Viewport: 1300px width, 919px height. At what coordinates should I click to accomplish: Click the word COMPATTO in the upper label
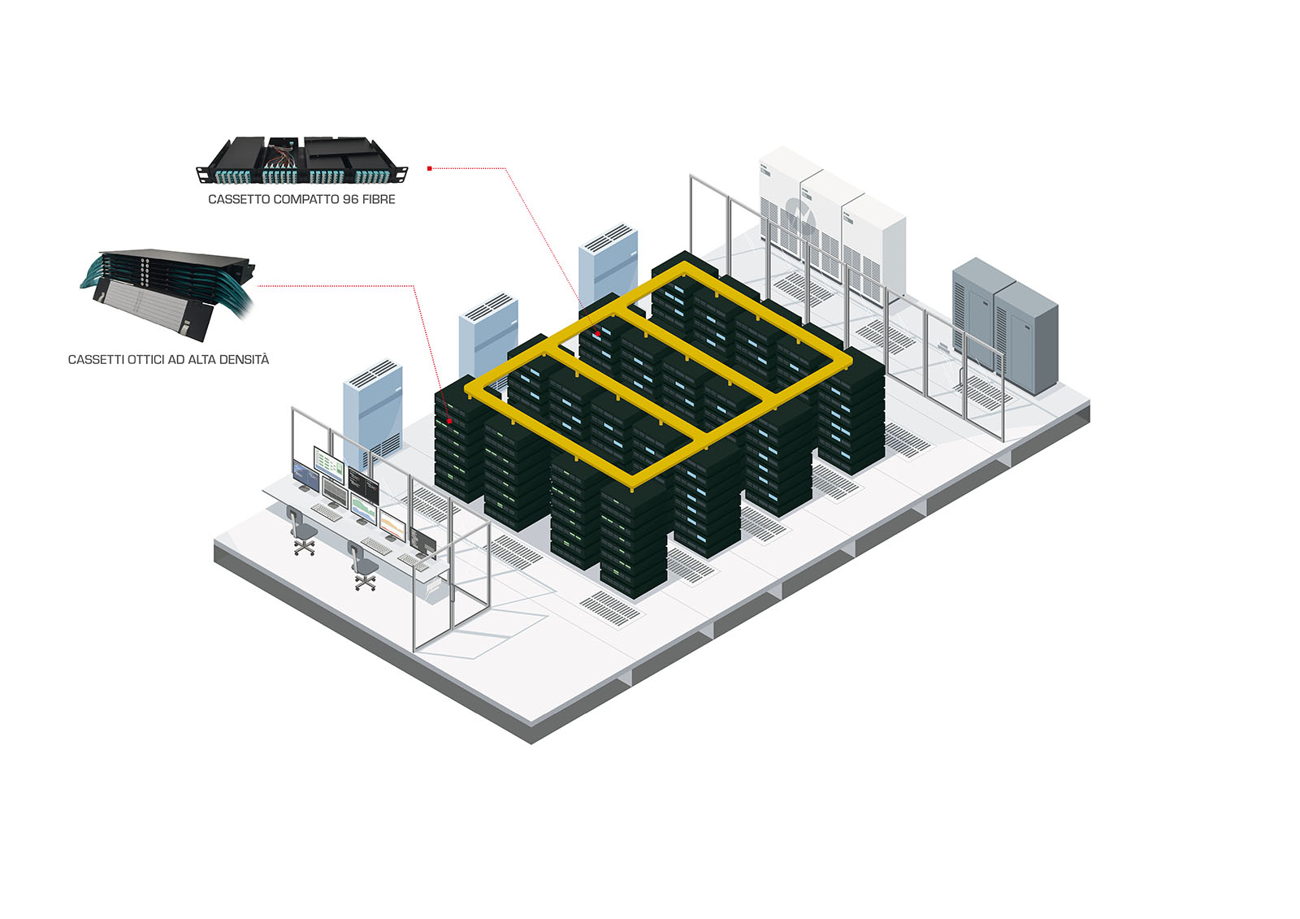coord(304,199)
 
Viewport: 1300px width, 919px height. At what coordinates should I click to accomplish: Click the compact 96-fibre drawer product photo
coord(301,159)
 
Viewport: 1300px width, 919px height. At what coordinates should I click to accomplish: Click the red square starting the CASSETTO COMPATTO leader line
coord(430,168)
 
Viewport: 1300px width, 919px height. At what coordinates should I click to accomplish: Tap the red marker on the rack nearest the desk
coord(449,421)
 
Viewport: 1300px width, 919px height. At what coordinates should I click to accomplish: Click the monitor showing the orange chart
coord(392,525)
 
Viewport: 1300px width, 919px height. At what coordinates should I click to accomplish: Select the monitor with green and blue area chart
coord(363,510)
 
